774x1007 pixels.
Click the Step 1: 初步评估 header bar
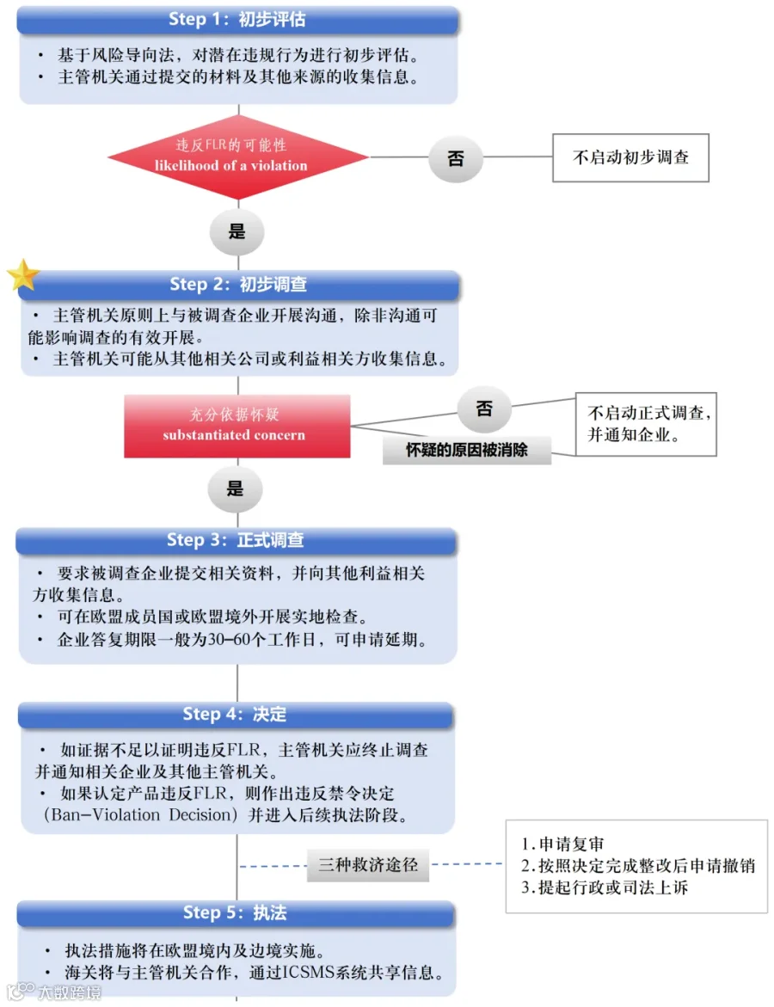[237, 20]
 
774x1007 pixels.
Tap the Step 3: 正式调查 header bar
[236, 540]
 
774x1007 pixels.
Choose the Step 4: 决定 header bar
[236, 714]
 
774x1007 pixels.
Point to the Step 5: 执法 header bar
[236, 912]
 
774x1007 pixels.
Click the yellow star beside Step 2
[23, 275]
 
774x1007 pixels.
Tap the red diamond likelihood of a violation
[238, 157]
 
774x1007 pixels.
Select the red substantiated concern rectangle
[237, 426]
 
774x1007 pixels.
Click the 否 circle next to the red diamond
[456, 158]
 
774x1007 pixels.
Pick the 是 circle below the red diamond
[237, 231]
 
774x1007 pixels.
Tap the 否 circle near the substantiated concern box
[484, 408]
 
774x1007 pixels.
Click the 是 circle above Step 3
[235, 488]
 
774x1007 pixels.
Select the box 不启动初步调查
[630, 158]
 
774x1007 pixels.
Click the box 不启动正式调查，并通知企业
[646, 424]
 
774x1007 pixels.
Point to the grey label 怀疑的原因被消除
[467, 450]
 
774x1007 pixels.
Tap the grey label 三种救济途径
[368, 864]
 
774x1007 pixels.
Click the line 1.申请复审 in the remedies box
[562, 844]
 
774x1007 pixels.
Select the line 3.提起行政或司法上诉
[605, 887]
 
